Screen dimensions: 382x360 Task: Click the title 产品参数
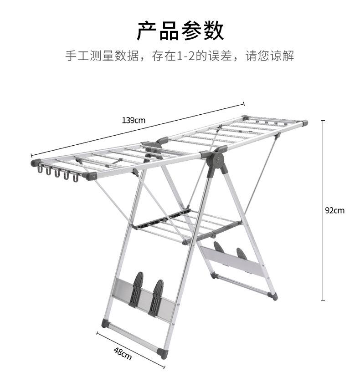(x=180, y=31)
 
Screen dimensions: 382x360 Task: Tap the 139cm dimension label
(x=133, y=121)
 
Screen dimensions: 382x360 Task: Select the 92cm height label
(x=334, y=210)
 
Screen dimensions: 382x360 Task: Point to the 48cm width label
(x=123, y=353)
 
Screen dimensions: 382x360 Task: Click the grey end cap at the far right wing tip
(x=304, y=123)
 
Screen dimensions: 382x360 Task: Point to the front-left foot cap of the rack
(x=105, y=324)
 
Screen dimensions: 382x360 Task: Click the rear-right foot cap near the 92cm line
(x=273, y=296)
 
